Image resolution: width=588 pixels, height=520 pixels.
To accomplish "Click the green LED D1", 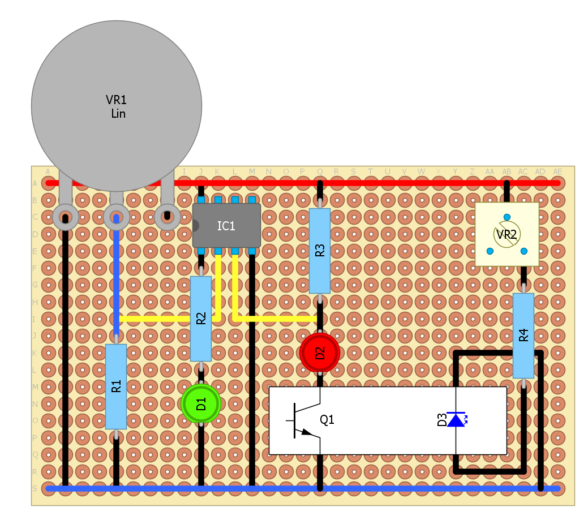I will [201, 404].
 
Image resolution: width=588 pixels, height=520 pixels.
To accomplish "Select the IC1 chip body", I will [226, 226].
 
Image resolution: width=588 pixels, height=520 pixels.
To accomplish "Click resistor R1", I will [116, 386].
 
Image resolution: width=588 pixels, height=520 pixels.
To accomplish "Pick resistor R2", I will [201, 319].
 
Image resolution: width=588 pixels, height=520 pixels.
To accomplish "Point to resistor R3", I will [320, 251].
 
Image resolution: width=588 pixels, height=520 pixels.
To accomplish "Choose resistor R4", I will [523, 336].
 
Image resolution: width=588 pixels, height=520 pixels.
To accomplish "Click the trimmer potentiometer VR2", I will [507, 234].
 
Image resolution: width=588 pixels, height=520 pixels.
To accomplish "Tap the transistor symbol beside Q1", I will [306, 420].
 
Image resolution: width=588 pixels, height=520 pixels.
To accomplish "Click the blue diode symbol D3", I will [456, 420].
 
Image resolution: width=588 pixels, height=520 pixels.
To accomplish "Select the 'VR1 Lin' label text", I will [117, 107].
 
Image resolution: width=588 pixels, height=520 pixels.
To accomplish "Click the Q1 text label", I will [327, 420].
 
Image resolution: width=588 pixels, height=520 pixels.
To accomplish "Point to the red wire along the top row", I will [362, 183].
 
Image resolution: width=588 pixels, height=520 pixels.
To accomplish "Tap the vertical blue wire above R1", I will [116, 277].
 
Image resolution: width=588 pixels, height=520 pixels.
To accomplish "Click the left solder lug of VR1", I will [65, 217].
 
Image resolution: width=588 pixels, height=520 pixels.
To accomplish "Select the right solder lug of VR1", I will [167, 217].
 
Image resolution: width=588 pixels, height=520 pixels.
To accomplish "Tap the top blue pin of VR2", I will [507, 217].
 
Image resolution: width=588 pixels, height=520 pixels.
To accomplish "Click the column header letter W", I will [422, 171].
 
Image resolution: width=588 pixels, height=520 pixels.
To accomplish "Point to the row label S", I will [35, 488].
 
